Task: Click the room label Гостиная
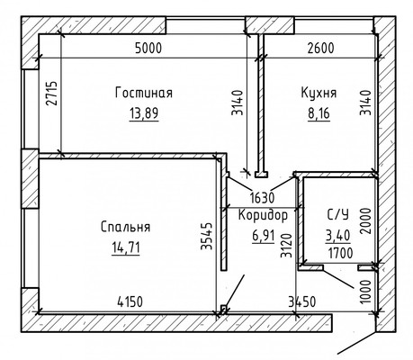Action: (144, 92)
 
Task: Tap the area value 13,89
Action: (144, 113)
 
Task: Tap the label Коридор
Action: (264, 215)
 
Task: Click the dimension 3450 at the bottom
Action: (302, 302)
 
